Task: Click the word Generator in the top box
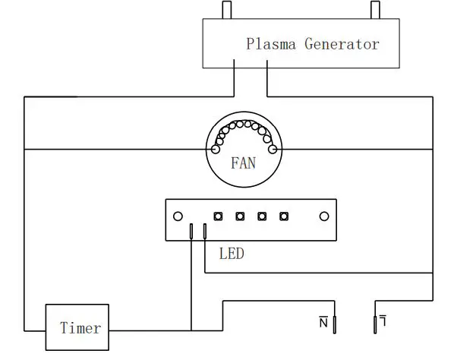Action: (x=342, y=43)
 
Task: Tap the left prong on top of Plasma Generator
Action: (x=225, y=11)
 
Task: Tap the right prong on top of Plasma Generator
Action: (x=374, y=11)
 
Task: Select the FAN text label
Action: (x=244, y=162)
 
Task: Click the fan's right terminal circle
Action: (x=273, y=149)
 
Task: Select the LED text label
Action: (x=231, y=253)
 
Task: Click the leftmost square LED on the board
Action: (x=218, y=216)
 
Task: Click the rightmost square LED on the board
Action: (x=284, y=216)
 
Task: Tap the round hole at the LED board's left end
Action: (x=176, y=216)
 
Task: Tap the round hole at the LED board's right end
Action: (x=324, y=216)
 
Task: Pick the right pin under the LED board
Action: (x=205, y=232)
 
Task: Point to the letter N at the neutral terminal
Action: (x=323, y=323)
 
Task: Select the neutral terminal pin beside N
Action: (x=334, y=325)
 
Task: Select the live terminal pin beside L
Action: (x=374, y=325)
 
